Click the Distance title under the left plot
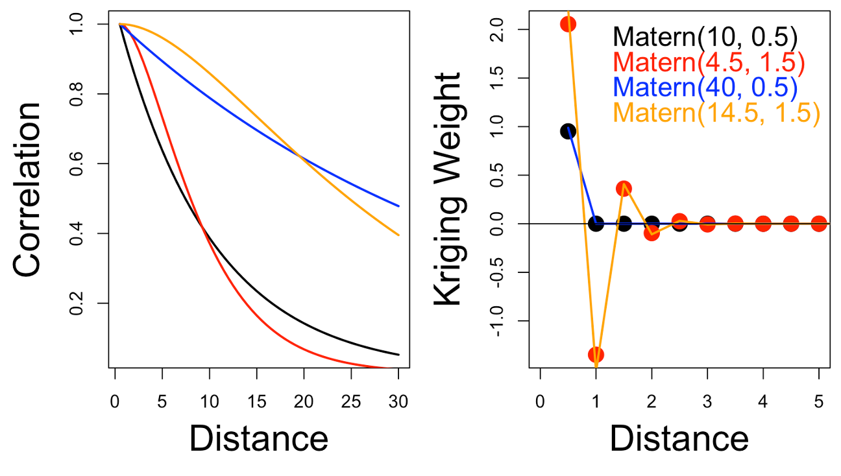click(x=258, y=439)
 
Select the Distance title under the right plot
click(x=679, y=439)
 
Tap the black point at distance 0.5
click(x=568, y=131)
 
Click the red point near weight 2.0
click(x=568, y=24)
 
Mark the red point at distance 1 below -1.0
click(x=596, y=354)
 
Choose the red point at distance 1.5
click(x=624, y=189)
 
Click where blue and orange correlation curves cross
click(x=299, y=155)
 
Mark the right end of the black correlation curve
click(x=398, y=355)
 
